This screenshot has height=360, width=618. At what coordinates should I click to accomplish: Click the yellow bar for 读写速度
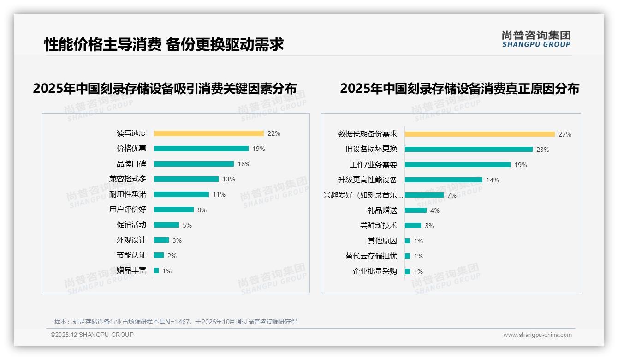pos(208,133)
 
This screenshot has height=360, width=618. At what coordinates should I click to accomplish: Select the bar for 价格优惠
pos(201,149)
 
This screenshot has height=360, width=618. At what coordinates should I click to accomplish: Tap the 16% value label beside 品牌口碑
pos(244,164)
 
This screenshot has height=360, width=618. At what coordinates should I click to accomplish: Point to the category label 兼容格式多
pos(128,179)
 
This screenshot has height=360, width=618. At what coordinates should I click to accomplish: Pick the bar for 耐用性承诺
pos(181,194)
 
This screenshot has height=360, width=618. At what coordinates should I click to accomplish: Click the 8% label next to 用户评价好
pos(202,210)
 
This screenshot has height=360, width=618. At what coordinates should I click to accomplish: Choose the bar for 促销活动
pos(166,225)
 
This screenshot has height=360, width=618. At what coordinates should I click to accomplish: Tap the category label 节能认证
pos(131,255)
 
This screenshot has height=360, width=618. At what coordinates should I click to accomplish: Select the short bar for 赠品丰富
pos(156,270)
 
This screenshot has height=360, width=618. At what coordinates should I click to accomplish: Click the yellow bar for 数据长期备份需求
pos(480,134)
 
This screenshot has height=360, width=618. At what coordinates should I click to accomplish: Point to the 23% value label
pos(543,150)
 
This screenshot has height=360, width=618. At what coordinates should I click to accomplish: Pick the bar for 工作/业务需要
pos(458,165)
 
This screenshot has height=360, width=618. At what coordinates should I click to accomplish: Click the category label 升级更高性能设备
pos(368,180)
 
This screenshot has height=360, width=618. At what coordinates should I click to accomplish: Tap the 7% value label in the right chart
pos(452,195)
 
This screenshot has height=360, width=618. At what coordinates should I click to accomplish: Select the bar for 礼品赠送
pos(416,210)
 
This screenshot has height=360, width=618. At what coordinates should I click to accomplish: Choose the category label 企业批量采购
pos(375,271)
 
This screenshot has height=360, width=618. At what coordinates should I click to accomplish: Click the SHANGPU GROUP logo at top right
pos(536,39)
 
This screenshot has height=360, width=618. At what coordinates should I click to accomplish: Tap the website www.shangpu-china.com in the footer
pos(537,335)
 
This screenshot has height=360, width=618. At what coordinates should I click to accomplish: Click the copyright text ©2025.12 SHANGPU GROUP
pos(92,335)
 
